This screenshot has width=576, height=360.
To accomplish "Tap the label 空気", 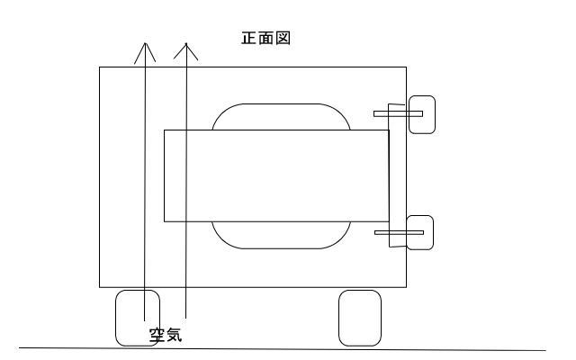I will click(166, 337).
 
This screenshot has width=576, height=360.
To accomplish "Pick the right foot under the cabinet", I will click(358, 317).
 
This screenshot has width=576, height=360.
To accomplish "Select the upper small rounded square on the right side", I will click(422, 114).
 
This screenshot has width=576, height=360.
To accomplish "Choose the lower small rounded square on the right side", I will click(421, 233).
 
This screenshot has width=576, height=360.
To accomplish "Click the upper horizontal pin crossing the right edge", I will click(398, 113).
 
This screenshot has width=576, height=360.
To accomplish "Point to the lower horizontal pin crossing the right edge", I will click(398, 233).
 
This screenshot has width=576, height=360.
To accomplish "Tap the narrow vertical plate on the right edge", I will click(392, 175).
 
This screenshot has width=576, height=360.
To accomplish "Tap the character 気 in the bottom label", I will click(175, 337).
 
